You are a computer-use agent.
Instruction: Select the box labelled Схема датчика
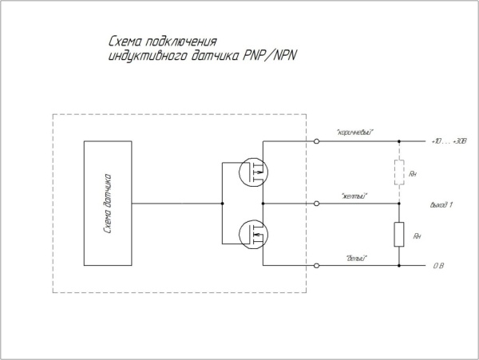(109, 203)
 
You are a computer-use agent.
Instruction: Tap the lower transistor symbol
(254, 234)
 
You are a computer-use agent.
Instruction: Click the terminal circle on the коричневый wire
(318, 141)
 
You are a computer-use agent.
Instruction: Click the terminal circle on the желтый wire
(318, 204)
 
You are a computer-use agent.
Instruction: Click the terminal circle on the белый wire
(318, 265)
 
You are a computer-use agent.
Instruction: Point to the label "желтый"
(354, 194)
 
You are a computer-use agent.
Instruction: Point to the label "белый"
(356, 256)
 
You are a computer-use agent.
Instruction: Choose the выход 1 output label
(441, 204)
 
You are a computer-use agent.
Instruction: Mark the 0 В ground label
(437, 265)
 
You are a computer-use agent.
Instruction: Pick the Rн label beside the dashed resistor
(414, 173)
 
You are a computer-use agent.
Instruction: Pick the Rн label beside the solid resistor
(415, 237)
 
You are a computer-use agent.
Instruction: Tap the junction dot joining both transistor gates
(222, 204)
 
